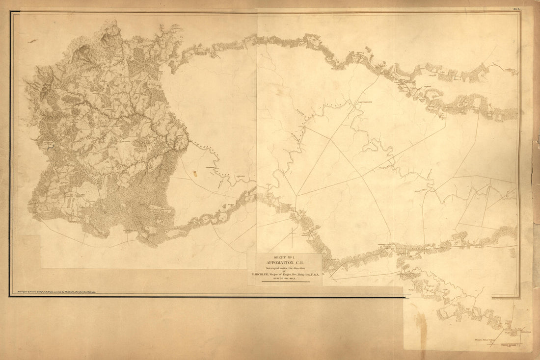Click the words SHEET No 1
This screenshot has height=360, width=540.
click(284, 257)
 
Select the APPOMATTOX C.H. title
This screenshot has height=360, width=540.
click(285, 263)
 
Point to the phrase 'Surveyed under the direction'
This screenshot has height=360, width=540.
click(285, 268)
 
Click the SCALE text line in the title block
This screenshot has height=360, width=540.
click(284, 279)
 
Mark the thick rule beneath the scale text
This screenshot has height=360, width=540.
click(285, 282)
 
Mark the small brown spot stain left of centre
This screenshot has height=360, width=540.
click(195, 173)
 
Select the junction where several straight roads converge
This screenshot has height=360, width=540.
click(296, 196)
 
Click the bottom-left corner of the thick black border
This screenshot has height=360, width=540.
click(10, 296)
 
